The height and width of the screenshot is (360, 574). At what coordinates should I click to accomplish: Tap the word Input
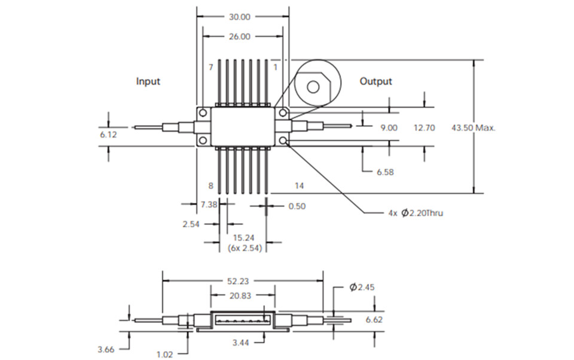coord(148,81)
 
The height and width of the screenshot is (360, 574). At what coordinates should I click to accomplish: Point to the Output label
coord(375,81)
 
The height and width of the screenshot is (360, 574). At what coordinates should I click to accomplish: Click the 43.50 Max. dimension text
coord(474,128)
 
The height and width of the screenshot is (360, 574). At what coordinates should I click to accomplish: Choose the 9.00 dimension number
coord(389,128)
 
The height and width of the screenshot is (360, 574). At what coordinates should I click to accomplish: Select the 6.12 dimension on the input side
coord(108,136)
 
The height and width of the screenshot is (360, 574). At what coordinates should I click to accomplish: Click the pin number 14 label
coord(299,187)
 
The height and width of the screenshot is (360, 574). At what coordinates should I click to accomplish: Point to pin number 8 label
coord(210,187)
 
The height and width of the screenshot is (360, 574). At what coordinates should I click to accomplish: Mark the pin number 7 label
coord(210,68)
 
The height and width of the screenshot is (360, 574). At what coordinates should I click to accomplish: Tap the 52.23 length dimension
coord(242,280)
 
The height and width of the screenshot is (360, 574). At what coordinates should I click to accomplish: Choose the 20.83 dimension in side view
coord(243,295)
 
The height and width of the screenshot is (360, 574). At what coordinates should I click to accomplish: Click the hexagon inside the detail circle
coord(315,86)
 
